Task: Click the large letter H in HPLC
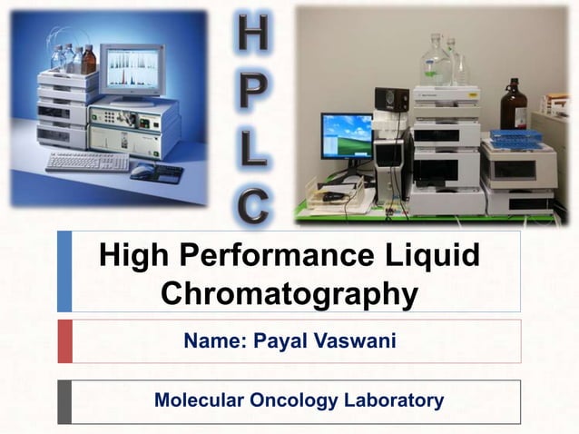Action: click(252, 34)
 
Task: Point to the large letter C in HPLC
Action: click(253, 202)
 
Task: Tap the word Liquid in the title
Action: click(433, 255)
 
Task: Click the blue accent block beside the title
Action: click(64, 271)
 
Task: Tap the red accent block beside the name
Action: click(64, 340)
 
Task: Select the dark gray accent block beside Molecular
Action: click(64, 401)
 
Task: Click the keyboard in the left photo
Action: click(87, 162)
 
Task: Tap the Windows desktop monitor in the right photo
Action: click(346, 135)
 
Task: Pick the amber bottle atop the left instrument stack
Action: click(88, 59)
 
